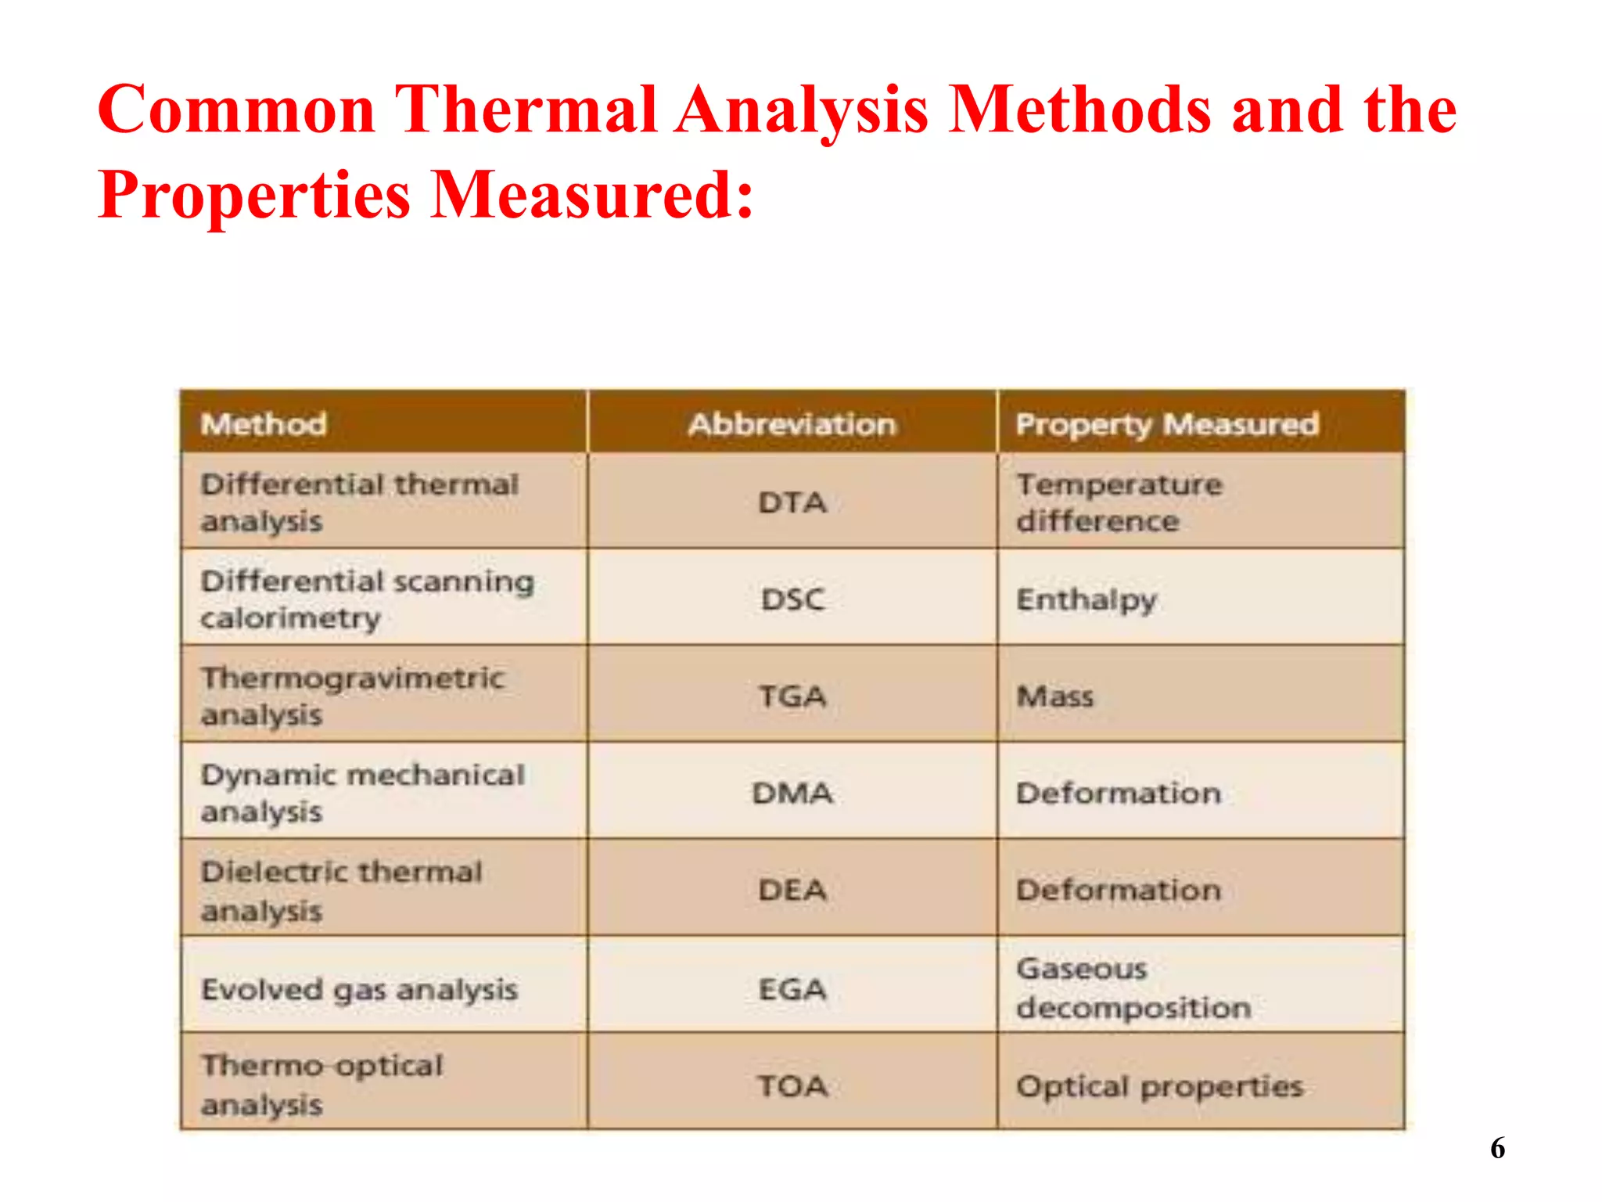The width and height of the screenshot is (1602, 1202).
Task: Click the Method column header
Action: (264, 424)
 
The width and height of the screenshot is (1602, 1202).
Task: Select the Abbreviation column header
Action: (792, 424)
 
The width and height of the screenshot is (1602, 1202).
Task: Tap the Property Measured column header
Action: (1167, 424)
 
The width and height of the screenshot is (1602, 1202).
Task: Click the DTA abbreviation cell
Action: (792, 502)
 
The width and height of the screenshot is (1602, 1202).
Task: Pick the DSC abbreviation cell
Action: (792, 599)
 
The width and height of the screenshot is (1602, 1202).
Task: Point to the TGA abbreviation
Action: (792, 696)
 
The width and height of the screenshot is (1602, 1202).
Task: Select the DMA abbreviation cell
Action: (792, 793)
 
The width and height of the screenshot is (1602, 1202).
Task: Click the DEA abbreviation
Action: (792, 890)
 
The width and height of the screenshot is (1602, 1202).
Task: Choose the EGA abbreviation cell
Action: (792, 989)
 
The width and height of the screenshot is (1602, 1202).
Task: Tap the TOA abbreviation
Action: (792, 1085)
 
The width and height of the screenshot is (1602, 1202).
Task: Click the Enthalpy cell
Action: (1086, 599)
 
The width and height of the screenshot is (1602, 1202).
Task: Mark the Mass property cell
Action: (1054, 696)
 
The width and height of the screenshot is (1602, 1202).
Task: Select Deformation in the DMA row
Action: (1119, 793)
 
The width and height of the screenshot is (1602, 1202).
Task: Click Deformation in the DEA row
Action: (1119, 890)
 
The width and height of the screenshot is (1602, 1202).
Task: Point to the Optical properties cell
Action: (1159, 1085)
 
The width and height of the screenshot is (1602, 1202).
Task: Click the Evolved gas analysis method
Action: (359, 989)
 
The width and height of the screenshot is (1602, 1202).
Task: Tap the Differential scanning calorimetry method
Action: (367, 599)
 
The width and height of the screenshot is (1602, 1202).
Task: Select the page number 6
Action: (1497, 1148)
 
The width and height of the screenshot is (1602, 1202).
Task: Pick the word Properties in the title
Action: (254, 194)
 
